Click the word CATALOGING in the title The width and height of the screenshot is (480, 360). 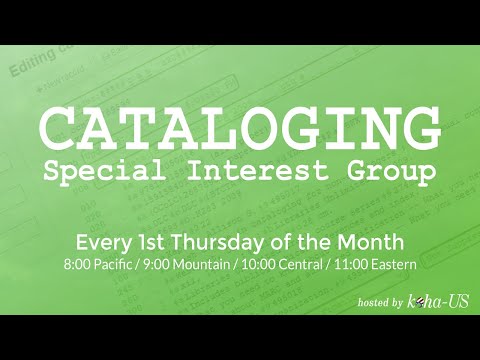pos(240,128)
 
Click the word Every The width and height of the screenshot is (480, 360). pos(102,242)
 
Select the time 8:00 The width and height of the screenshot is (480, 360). pos(77,265)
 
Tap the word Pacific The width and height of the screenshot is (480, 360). pos(115,265)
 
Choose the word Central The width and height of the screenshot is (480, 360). pos(310,265)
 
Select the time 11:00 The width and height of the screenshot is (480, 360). pos(360,265)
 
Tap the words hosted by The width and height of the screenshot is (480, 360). pos(381,302)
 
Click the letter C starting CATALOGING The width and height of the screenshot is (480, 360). pos(59,128)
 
